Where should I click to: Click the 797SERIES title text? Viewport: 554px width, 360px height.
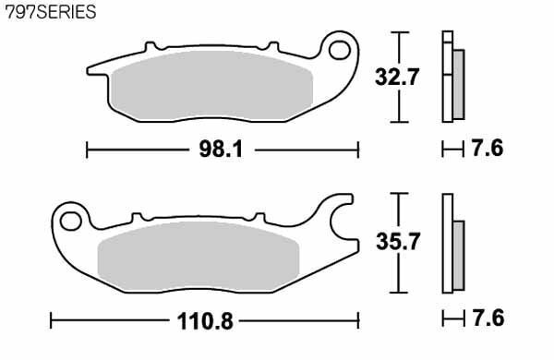point(51,12)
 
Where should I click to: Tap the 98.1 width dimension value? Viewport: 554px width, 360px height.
point(222,150)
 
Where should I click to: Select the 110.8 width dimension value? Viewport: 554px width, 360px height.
point(205,321)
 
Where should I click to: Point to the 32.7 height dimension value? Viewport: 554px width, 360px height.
point(397,77)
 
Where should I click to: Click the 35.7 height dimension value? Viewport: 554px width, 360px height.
point(398,242)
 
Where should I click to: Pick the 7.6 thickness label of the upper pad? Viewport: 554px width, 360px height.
point(488,149)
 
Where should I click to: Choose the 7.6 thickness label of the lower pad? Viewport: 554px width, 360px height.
point(488,318)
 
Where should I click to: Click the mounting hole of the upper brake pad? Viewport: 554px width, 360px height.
point(340,50)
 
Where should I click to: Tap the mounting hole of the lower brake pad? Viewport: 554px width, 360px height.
point(71,222)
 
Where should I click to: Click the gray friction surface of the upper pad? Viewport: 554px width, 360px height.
point(211,86)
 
